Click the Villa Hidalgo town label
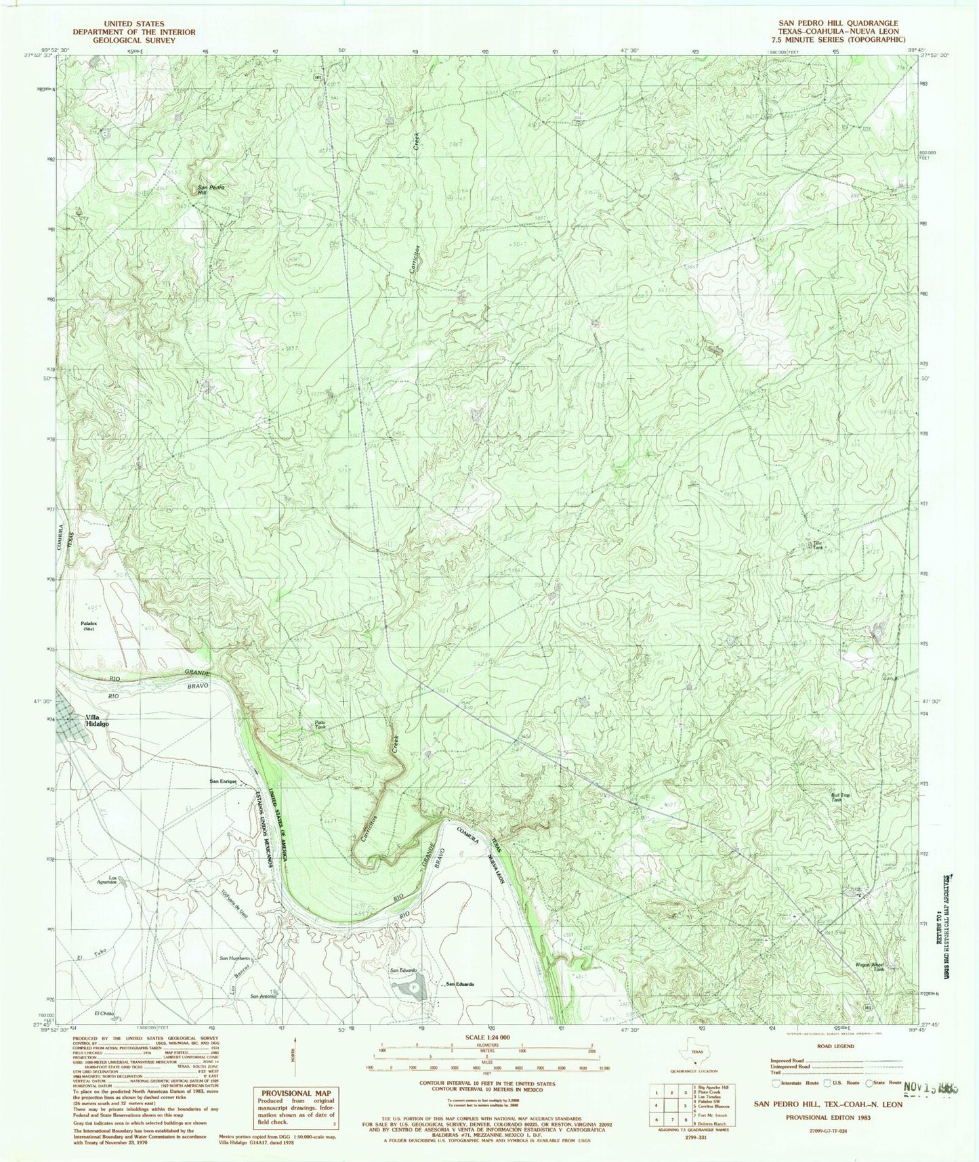coord(94,720)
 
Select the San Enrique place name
coord(223,781)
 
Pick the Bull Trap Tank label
coord(840,798)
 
